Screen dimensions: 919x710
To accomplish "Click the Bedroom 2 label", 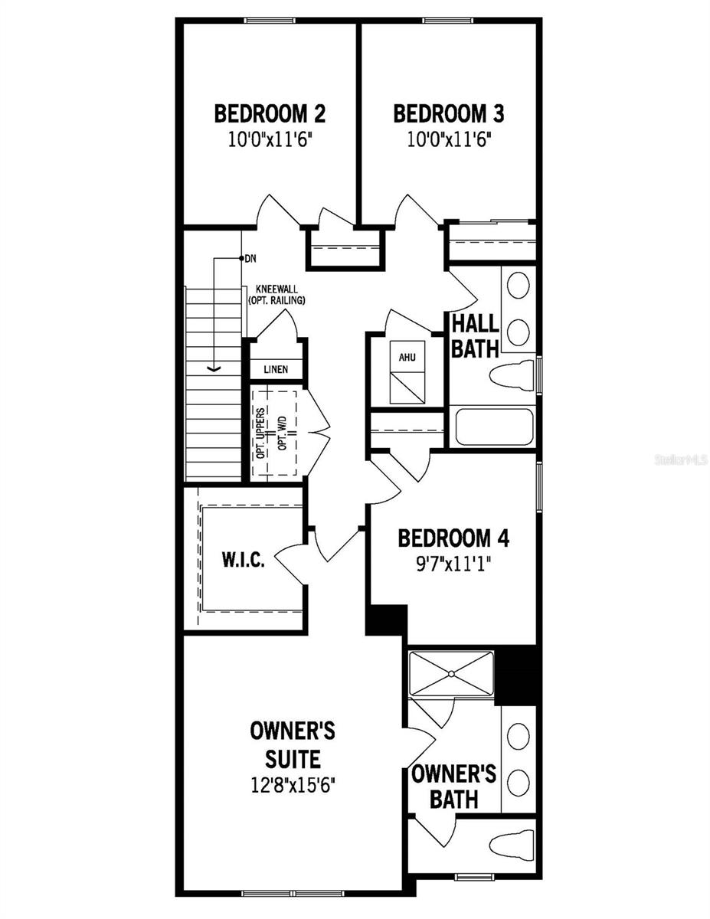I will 270,114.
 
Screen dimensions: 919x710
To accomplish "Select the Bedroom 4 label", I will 453,538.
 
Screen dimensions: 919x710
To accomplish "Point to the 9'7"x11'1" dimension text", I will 453,563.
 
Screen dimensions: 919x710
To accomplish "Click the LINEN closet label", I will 276,370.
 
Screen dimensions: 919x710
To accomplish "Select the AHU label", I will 406,358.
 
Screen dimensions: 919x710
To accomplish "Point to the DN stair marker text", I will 250,259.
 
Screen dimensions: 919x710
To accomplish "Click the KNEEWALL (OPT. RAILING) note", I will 276,296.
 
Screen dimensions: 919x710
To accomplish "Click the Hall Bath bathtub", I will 494,427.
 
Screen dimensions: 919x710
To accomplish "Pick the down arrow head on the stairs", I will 215,369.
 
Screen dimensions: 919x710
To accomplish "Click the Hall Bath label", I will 474,335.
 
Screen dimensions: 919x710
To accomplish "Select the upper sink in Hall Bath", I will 519,286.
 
